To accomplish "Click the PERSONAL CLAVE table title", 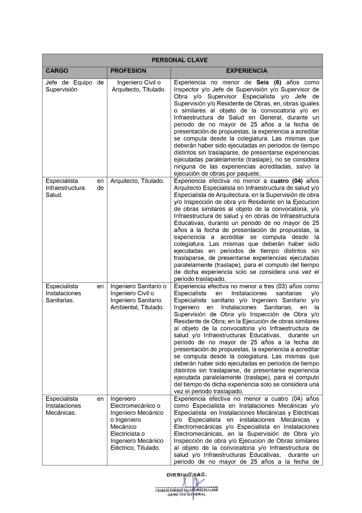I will (x=180, y=60).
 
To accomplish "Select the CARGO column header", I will (x=57, y=71).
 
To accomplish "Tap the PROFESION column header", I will (x=128, y=71).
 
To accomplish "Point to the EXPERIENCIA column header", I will (x=246, y=71).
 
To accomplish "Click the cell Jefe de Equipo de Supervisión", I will (x=75, y=86).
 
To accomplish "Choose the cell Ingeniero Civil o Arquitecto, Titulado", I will (x=139, y=86).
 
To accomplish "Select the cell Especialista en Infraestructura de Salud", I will (x=75, y=188).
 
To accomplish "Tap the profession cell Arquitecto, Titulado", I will (x=137, y=181).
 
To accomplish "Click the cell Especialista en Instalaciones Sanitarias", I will (x=75, y=293).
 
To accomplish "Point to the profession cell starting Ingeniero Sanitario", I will (x=138, y=297).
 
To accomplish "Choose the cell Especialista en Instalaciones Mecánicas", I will (x=75, y=406).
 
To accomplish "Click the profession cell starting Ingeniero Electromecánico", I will (x=137, y=423).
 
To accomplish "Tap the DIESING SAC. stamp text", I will (x=187, y=475).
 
